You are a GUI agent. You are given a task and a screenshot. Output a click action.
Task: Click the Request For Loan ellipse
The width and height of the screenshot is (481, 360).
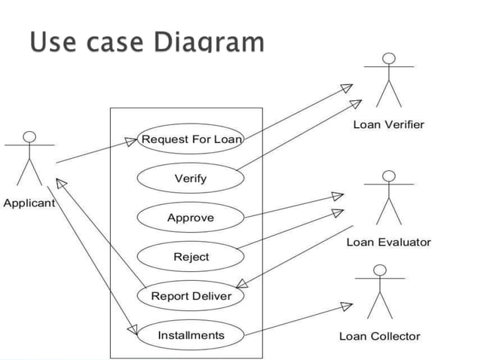point(191,139)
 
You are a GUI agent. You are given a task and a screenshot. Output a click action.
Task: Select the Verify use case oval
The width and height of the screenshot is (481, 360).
point(191,178)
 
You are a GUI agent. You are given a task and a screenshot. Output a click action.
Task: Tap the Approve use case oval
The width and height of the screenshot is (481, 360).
point(191,218)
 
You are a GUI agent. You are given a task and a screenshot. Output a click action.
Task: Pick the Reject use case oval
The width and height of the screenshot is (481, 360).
point(191,257)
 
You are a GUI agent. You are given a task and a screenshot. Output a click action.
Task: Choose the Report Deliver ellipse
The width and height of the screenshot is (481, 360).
point(191,296)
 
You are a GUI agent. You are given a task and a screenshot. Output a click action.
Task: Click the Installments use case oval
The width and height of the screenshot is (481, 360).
point(191,335)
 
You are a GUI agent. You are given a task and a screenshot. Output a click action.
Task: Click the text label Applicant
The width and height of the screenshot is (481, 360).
point(29,203)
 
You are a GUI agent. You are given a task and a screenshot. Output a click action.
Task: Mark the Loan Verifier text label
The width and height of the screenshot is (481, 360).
point(389,124)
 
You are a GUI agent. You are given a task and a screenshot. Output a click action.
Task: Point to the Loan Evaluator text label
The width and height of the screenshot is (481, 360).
point(388,242)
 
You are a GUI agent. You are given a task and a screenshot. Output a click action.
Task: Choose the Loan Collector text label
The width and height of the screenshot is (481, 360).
point(379,336)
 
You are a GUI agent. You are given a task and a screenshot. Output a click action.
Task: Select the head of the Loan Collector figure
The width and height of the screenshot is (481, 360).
point(379,270)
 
